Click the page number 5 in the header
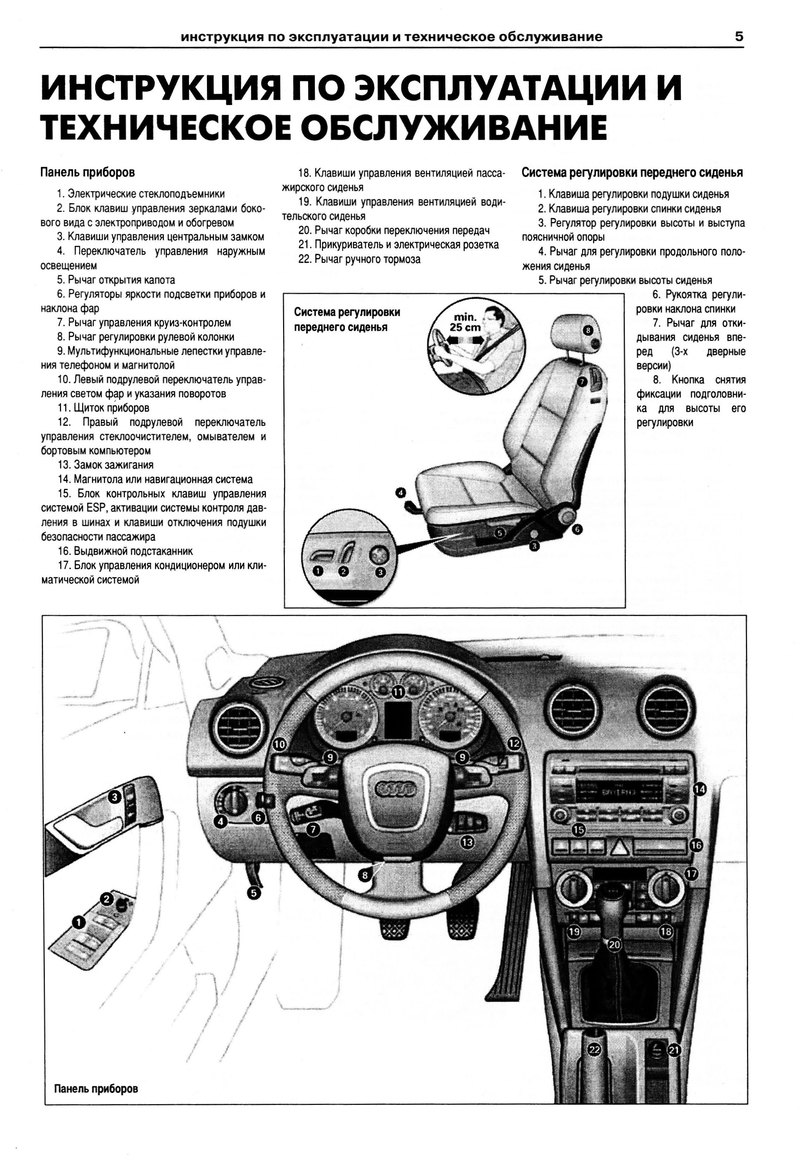[739, 37]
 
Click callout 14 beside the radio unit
[699, 789]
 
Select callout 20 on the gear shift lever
[614, 944]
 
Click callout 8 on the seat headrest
[589, 330]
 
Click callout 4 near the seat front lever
[400, 493]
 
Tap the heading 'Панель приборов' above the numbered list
[87, 173]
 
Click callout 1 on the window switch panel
[78, 922]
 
